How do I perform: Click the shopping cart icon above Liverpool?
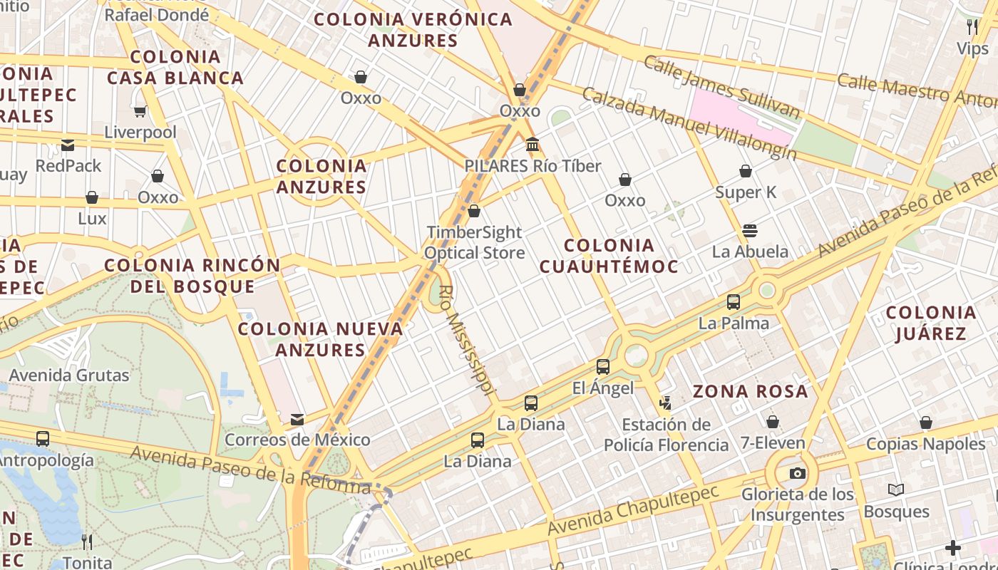pyautogui.click(x=140, y=111)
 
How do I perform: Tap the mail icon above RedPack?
pyautogui.click(x=68, y=145)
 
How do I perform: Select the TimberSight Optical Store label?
pyautogui.click(x=474, y=242)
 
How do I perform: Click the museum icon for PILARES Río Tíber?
pyautogui.click(x=532, y=145)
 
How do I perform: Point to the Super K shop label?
pyautogui.click(x=745, y=192)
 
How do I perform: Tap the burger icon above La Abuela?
pyautogui.click(x=749, y=230)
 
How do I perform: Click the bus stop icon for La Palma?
pyautogui.click(x=734, y=302)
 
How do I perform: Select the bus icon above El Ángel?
pyautogui.click(x=603, y=367)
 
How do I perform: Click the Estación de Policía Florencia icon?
pyautogui.click(x=665, y=404)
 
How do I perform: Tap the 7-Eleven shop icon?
pyautogui.click(x=772, y=422)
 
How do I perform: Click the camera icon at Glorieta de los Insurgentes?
pyautogui.click(x=797, y=474)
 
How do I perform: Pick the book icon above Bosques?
pyautogui.click(x=896, y=490)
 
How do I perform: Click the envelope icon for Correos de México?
pyautogui.click(x=297, y=420)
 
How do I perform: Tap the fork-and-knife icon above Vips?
pyautogui.click(x=972, y=27)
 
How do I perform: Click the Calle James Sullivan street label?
pyautogui.click(x=722, y=85)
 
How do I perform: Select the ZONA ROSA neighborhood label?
pyautogui.click(x=750, y=391)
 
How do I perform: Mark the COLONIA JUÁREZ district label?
pyautogui.click(x=930, y=323)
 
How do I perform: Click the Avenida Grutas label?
pyautogui.click(x=69, y=375)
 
